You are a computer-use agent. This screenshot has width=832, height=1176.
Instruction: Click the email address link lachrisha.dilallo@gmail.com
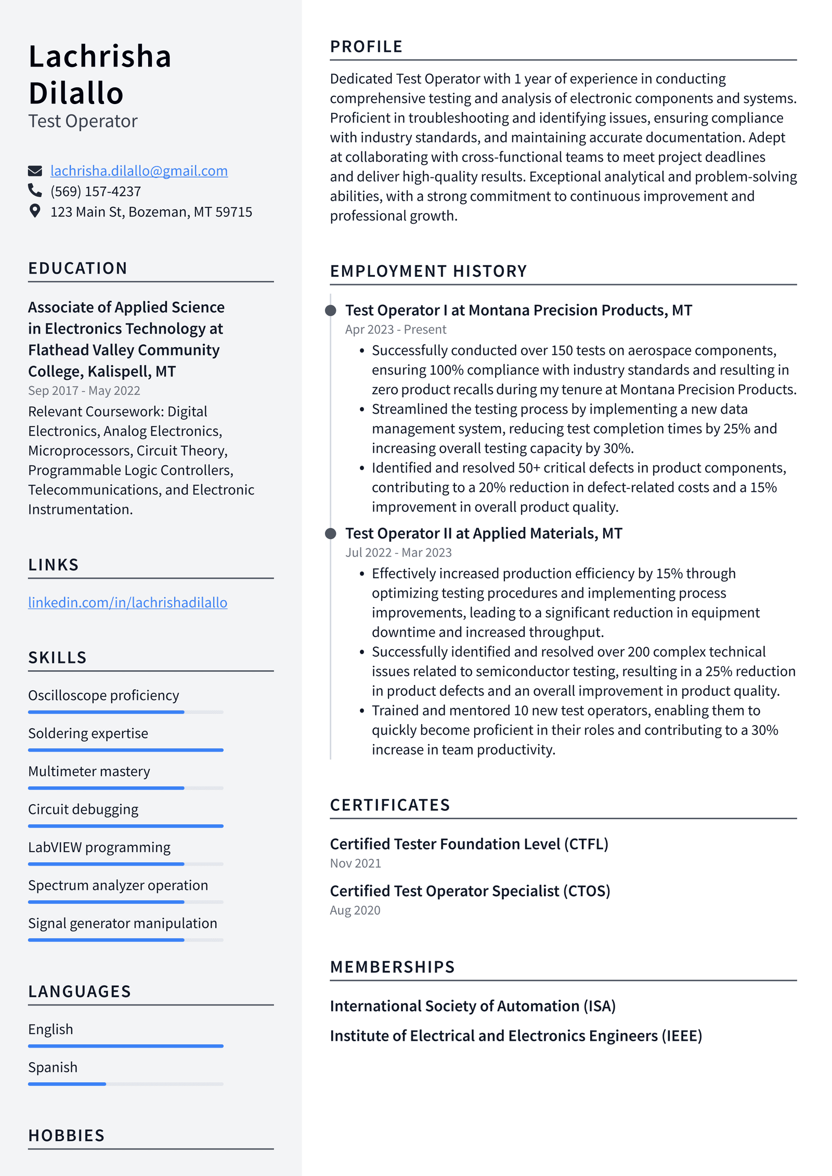coord(139,171)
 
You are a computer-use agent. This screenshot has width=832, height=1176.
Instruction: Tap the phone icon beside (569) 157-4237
coord(35,191)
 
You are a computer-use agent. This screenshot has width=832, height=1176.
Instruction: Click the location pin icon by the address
coord(35,211)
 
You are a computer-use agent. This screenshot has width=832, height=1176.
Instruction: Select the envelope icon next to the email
coord(35,171)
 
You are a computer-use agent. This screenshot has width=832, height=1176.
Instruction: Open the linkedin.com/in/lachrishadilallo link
coord(127,602)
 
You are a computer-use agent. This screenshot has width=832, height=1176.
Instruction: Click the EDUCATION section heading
coord(77,268)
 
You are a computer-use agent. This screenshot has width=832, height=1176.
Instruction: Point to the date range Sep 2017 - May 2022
coord(84,391)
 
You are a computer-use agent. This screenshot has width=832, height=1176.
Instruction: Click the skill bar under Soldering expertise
coord(125,750)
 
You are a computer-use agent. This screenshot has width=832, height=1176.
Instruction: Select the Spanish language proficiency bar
coord(125,1084)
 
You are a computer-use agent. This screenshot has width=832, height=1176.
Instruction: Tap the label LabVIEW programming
coord(99,847)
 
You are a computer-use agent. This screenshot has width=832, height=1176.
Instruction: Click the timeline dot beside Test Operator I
coord(330,311)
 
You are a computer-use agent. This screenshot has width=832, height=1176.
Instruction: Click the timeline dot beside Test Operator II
coord(330,534)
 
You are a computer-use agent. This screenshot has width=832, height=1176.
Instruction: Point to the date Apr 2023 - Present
coord(395,330)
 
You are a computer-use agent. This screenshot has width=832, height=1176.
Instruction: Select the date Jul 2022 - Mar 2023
coord(398,553)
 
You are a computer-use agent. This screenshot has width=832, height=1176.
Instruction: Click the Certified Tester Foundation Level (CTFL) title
coord(469,844)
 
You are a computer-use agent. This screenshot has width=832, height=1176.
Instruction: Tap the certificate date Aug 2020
coord(355,910)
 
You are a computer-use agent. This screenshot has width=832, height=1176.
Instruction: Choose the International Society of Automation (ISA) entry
coord(472,1006)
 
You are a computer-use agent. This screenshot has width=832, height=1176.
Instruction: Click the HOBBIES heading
coord(67,1135)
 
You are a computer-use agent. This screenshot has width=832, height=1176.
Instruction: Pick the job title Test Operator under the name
coord(83,121)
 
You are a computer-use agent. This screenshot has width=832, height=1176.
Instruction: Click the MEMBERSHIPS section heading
coord(392,967)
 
